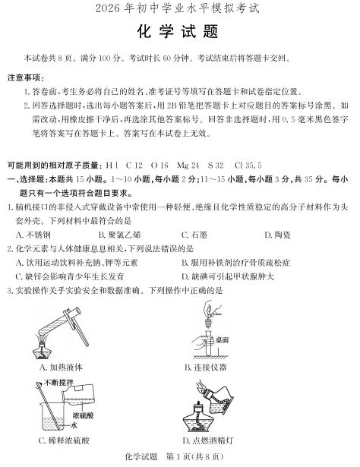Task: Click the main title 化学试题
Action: coord(180,33)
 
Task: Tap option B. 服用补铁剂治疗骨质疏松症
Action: coord(237,262)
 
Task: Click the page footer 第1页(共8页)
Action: coord(195,456)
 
